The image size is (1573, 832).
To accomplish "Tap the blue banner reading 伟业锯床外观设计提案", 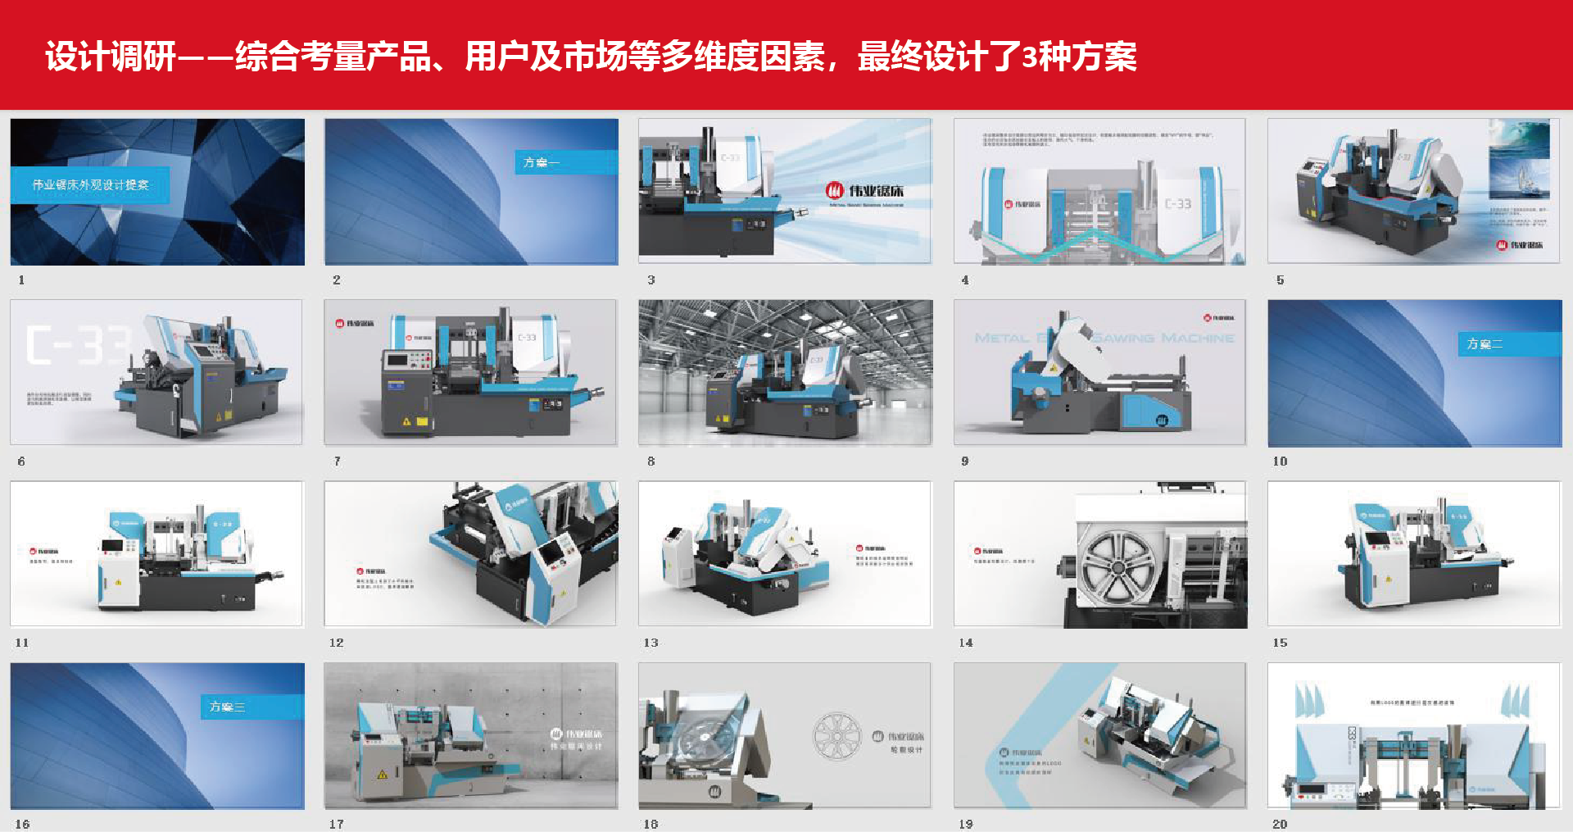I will (90, 185).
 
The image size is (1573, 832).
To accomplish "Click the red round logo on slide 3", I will (834, 191).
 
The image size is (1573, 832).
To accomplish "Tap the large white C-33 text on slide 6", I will (78, 345).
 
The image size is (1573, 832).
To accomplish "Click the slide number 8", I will (651, 461).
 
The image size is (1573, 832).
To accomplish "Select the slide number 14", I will (966, 643).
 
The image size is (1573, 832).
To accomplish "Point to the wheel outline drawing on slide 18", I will (836, 735).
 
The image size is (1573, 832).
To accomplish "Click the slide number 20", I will (1280, 824).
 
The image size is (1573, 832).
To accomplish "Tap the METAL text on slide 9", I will (1001, 338).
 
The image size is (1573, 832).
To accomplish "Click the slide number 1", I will (21, 280).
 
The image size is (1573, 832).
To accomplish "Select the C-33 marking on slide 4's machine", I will (1177, 203).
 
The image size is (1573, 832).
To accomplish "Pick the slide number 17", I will (337, 824).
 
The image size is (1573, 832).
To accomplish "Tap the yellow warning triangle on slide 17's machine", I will (382, 775).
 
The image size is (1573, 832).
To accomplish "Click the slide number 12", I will (337, 643).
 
